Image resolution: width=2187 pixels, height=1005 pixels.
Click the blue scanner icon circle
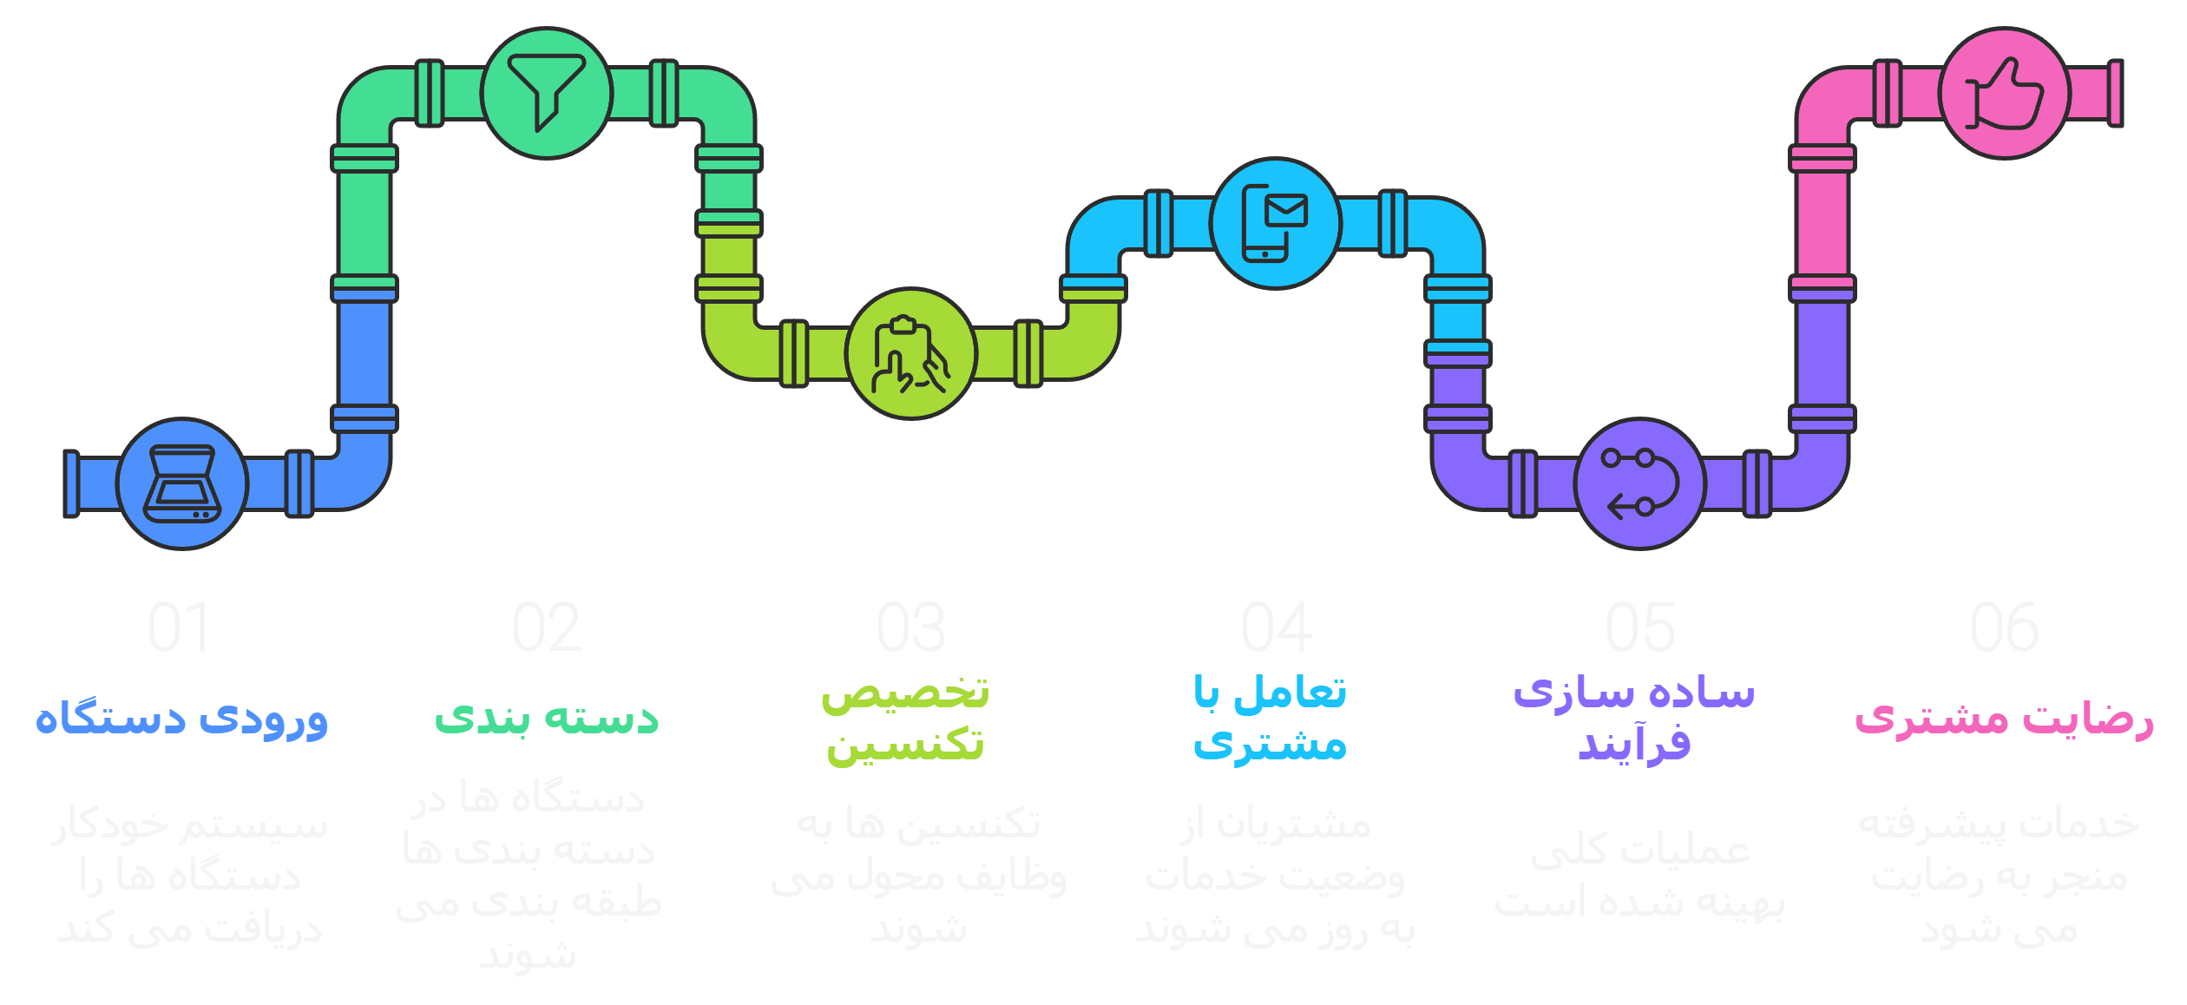coord(182,483)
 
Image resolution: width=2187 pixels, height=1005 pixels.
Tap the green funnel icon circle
coord(547,93)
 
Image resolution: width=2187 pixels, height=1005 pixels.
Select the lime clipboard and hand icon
coord(911,353)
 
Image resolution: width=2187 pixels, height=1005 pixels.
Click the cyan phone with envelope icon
coord(1276,223)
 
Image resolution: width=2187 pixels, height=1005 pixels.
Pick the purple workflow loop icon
coord(1640,483)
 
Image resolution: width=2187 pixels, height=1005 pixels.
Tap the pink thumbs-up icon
coord(2005,93)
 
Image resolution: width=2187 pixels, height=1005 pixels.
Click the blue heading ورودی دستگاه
coord(181,719)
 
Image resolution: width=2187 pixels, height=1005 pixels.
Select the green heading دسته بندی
coord(547,719)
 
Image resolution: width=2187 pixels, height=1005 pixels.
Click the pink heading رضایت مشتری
coord(2004,719)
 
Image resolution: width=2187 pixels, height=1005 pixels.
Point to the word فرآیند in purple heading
coord(1635,745)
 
